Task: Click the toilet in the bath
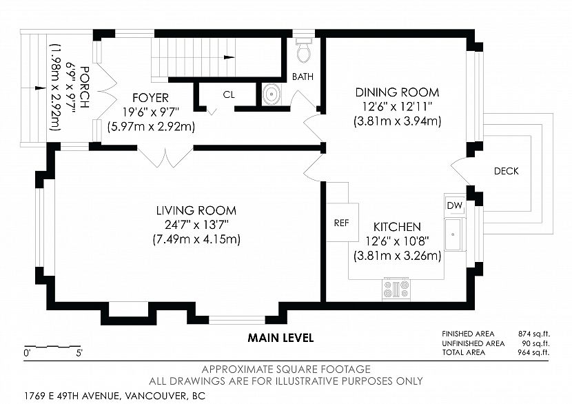pos(303,50)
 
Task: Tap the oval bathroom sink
pos(272,94)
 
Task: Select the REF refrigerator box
pos(343,222)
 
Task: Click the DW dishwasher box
pos(455,205)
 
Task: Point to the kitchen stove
pos(396,290)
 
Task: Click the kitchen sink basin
pos(453,234)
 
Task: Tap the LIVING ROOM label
pos(196,210)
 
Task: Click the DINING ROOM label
pos(397,92)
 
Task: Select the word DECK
pos(507,171)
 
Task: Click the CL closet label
pos(229,95)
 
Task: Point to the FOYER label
pos(151,98)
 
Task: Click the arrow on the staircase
pos(229,57)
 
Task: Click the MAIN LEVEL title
pos(280,338)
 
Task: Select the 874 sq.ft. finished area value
pos(533,334)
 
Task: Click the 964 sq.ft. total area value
pos(533,352)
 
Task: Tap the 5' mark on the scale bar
pos(79,353)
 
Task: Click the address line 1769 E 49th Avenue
pos(115,396)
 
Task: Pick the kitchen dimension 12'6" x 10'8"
pos(397,241)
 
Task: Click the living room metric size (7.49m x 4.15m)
pos(196,240)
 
